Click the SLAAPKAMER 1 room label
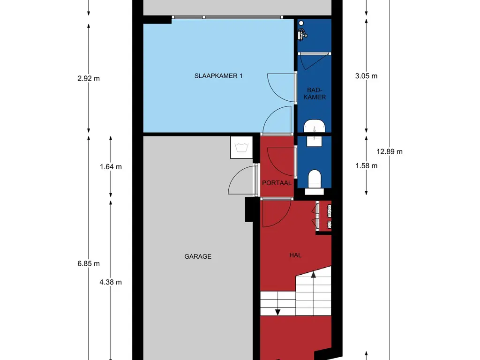pyautogui.click(x=218, y=76)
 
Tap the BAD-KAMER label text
pyautogui.click(x=315, y=93)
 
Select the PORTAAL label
pyautogui.click(x=277, y=183)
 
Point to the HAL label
pyautogui.click(x=295, y=255)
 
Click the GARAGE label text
pyautogui.click(x=198, y=256)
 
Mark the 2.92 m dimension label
pyautogui.click(x=89, y=78)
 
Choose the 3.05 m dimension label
pyautogui.click(x=366, y=76)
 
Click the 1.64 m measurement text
pyautogui.click(x=111, y=166)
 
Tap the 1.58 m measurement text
pyautogui.click(x=366, y=165)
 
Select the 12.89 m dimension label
pyautogui.click(x=389, y=151)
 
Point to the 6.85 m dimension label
pyautogui.click(x=89, y=263)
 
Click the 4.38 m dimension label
pyautogui.click(x=111, y=282)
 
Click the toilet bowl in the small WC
pyautogui.click(x=314, y=179)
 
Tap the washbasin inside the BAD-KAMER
pyautogui.click(x=315, y=126)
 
